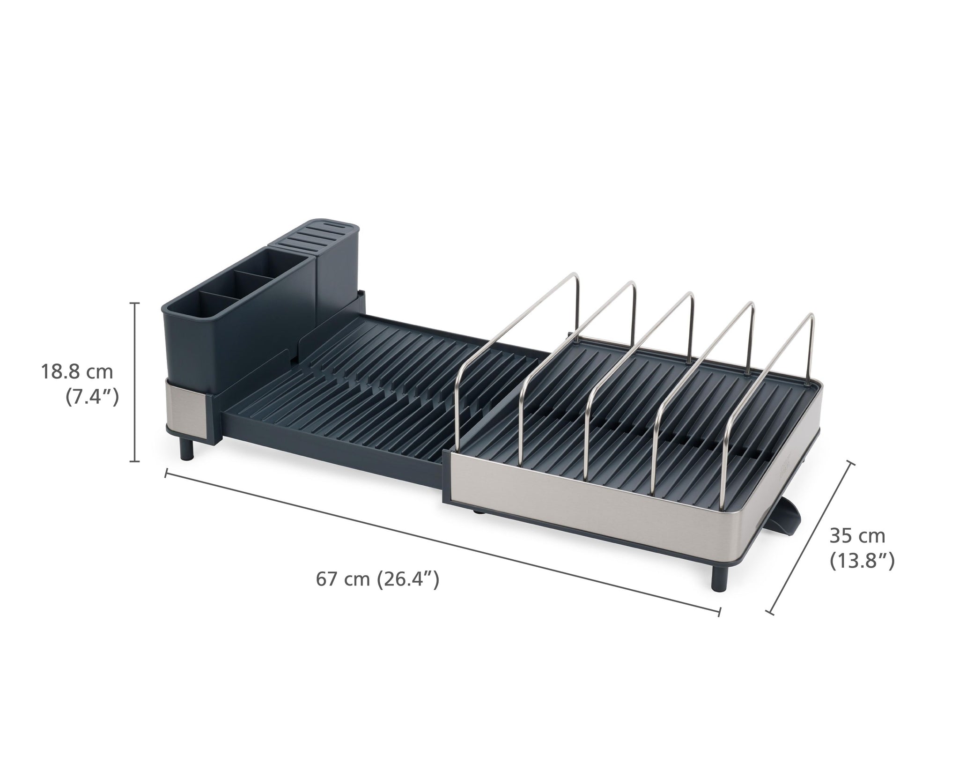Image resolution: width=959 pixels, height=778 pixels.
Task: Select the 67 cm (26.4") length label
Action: click(377, 579)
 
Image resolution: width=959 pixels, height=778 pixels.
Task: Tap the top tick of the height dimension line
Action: click(135, 304)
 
